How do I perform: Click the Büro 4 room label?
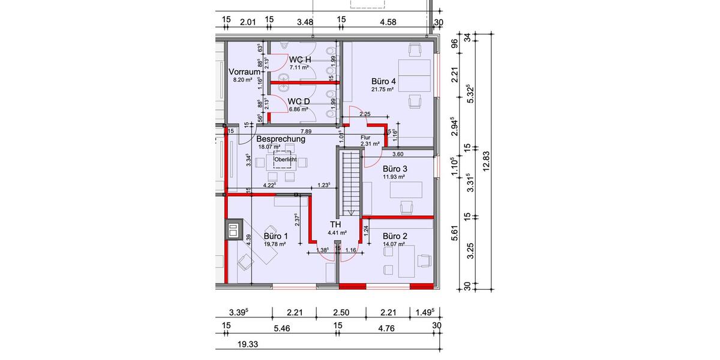(384, 81)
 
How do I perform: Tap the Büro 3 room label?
(395, 169)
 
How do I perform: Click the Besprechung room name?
(281, 139)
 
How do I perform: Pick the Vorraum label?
(244, 72)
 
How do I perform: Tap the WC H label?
(299, 59)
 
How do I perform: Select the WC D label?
(298, 101)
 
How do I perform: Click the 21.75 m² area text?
(382, 89)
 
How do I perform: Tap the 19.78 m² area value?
(275, 244)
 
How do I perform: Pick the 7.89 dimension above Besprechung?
(306, 131)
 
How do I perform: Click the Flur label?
(366, 137)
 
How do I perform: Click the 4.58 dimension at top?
(388, 22)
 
